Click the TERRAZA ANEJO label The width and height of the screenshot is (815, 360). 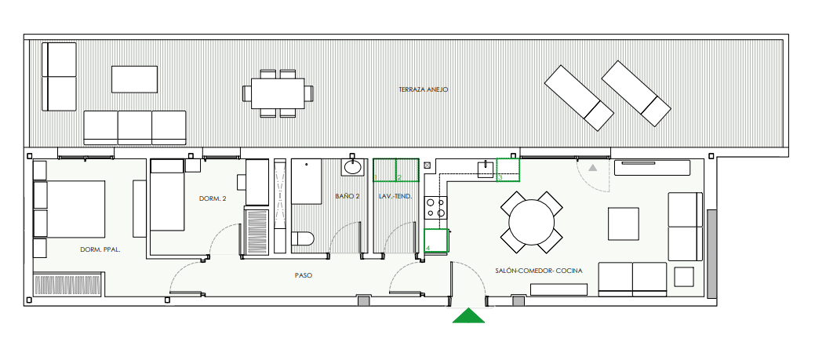coord(423,89)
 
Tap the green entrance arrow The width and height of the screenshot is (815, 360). coord(468,316)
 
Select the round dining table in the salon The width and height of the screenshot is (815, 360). coord(531,222)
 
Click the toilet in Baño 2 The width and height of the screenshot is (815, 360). coord(302,239)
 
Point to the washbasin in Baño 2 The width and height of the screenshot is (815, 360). coord(353,166)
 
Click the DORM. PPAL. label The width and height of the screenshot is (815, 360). coord(100,249)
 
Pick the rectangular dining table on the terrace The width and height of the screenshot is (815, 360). coord(278,93)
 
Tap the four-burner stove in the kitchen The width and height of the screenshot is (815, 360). coord(436,208)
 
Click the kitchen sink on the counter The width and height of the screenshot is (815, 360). coord(486,169)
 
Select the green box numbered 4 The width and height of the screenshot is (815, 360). coord(437,241)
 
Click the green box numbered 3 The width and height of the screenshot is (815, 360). coord(508,170)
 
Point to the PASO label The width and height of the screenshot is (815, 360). coord(303,275)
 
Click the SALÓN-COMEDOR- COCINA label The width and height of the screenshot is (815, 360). coord(538,271)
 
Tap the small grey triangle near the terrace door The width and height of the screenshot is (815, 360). coord(592,167)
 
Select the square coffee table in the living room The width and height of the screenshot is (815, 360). coord(623,224)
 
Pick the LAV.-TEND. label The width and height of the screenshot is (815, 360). coord(395,197)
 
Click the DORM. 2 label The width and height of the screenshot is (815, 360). coord(213,198)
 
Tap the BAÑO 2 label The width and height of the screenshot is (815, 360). coord(347,197)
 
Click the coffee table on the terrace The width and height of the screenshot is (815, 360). coord(135,79)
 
